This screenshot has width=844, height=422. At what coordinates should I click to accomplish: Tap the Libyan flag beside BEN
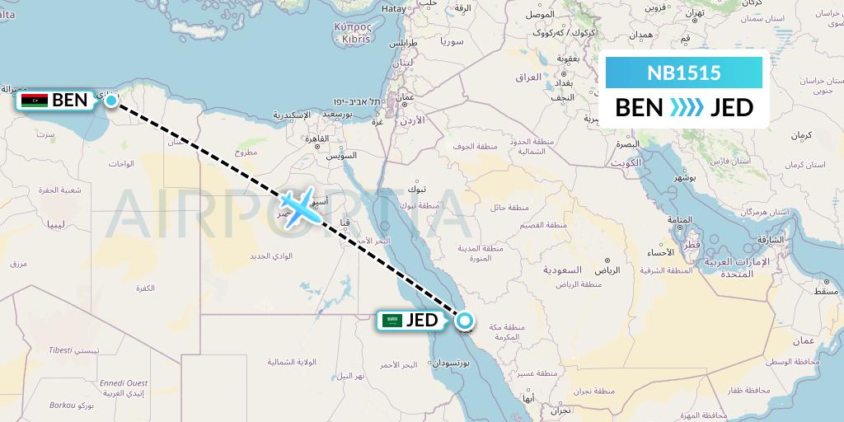(35, 101)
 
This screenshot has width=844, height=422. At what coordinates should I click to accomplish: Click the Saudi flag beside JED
(393, 321)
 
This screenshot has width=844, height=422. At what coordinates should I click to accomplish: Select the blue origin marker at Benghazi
(111, 99)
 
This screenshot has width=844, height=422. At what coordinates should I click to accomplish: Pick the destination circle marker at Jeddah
(465, 321)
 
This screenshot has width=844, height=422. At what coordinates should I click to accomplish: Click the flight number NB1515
(684, 73)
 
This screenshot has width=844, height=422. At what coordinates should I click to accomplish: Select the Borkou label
(63, 406)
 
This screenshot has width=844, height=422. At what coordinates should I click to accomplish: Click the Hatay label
(395, 7)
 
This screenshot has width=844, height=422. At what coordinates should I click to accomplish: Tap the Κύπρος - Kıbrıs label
(353, 32)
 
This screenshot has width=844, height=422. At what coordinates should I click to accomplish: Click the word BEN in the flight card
(638, 108)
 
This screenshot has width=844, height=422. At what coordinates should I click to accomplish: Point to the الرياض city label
(606, 270)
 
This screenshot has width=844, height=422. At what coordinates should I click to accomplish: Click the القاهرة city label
(313, 138)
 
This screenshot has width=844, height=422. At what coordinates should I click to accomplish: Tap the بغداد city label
(564, 83)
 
